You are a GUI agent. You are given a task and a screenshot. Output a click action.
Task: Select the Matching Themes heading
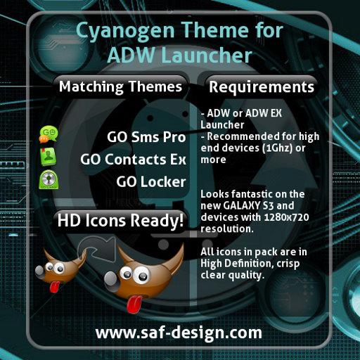pos(120,86)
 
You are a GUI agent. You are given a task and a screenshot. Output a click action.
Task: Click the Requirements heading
pos(262,87)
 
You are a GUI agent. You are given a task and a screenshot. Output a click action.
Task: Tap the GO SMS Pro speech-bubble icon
pos(49,134)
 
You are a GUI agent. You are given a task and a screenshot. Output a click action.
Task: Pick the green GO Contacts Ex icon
pos(49,157)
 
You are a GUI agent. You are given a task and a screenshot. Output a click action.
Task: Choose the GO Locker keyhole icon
pos(49,180)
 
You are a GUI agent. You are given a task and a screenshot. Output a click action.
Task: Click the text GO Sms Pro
pos(146,137)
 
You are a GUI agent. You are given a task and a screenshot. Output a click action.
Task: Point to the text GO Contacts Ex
pos(133,160)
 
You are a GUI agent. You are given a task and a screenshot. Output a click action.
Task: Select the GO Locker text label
pos(151,182)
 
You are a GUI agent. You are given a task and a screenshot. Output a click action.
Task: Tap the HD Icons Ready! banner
pos(120,221)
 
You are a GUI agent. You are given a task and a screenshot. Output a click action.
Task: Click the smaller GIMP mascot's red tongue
pos(55,286)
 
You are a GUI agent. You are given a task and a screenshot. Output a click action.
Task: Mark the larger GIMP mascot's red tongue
pos(134,304)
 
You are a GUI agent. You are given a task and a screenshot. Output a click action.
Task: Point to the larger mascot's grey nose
pos(111,280)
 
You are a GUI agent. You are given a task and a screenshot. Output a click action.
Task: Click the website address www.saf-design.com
pos(179,333)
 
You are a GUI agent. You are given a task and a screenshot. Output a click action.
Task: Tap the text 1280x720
pos(286,217)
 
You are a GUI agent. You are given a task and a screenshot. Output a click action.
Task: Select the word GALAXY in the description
pos(241,206)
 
